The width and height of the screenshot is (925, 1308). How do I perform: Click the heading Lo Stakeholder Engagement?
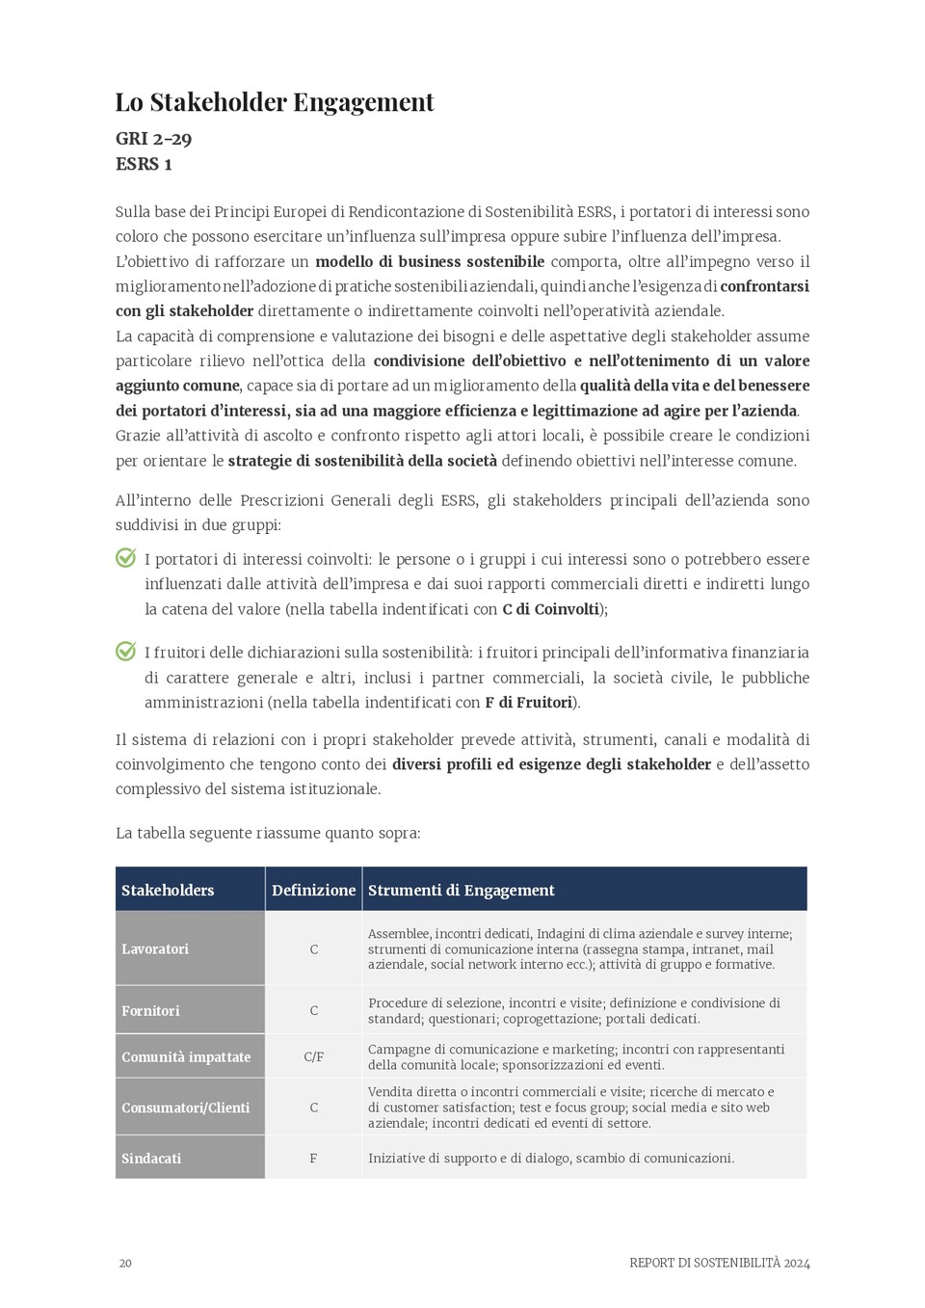pos(275,102)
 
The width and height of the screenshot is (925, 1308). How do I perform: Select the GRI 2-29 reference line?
pos(153,139)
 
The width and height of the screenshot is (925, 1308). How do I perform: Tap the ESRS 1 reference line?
pos(144,164)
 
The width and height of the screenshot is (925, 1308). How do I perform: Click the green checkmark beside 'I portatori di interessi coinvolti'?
pos(126,558)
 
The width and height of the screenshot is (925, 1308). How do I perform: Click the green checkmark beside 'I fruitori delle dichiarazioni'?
pos(126,652)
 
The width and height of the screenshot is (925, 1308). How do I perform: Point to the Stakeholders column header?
pos(168,890)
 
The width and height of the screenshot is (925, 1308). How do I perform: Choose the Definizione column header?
pos(313,890)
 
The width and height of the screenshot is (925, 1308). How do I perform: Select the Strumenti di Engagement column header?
pos(461,890)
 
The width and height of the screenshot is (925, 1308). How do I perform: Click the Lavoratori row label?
pos(155,948)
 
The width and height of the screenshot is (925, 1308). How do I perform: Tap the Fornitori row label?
pos(150,1010)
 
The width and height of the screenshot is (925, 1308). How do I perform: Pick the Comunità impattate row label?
pos(186,1056)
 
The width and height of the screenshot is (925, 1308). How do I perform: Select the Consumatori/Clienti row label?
pos(185,1108)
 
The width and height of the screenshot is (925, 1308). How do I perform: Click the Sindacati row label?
pos(151,1158)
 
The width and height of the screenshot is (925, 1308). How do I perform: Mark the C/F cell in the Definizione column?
pos(313,1056)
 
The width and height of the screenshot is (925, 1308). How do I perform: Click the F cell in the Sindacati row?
pos(313,1158)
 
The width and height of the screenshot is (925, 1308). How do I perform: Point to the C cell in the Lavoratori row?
pos(313,949)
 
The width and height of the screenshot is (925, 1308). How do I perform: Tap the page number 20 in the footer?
pos(125,1263)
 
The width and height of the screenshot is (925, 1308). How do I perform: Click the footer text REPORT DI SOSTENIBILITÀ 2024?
pos(719,1263)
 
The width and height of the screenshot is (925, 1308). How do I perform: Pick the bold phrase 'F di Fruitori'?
pos(529,703)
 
